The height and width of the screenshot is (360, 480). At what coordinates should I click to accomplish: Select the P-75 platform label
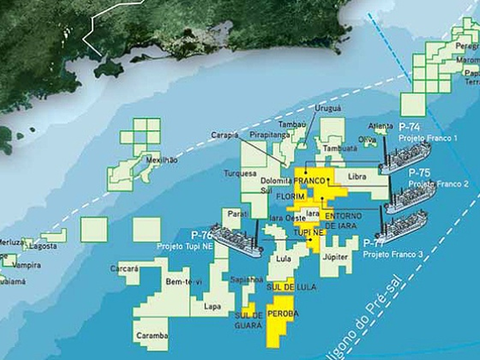(419, 172)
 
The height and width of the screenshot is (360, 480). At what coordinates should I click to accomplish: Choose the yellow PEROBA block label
(283, 314)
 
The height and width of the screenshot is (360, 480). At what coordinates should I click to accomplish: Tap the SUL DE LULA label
(283, 288)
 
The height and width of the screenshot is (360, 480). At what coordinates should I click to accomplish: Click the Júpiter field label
(335, 256)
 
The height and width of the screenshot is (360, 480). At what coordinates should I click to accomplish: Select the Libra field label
(354, 178)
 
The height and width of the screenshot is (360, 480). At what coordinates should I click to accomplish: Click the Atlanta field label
(381, 127)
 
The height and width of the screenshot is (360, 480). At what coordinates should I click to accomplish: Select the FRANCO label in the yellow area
(311, 180)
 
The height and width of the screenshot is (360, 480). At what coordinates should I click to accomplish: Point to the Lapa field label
(212, 305)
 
